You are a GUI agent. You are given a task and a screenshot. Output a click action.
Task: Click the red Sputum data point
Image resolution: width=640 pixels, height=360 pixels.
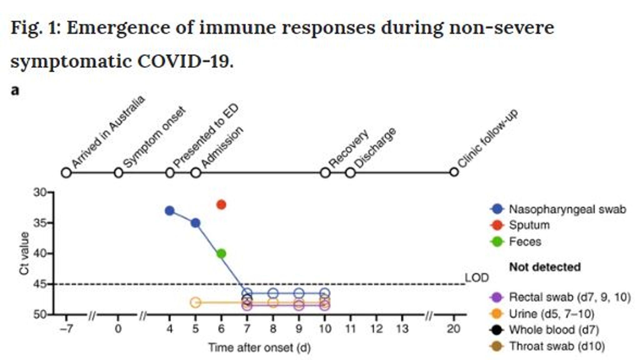pos(221,205)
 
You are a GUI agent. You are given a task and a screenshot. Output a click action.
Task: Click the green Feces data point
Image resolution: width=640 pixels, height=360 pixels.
pos(221,253)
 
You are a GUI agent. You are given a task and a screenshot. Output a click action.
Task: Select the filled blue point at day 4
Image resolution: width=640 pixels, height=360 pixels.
pos(170,211)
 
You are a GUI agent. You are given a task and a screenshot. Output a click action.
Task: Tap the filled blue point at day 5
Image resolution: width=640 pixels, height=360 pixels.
pos(196,223)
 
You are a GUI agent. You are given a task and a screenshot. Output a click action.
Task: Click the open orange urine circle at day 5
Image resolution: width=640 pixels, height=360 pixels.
pos(195,302)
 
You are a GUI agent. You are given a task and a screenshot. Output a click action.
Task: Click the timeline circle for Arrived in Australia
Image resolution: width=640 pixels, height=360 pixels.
pos(66,172)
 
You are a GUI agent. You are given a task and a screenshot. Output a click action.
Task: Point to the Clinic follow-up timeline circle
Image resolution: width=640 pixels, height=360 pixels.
pos(454,172)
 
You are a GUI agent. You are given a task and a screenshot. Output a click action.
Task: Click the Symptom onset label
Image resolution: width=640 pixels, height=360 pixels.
pos(154,137)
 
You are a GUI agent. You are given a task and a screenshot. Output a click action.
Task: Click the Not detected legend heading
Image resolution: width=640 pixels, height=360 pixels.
pos(545,267)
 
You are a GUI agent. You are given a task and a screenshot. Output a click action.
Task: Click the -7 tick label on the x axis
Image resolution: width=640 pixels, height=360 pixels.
pos(66,329)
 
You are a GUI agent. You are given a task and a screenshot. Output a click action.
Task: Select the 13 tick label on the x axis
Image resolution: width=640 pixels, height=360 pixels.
pos(402,329)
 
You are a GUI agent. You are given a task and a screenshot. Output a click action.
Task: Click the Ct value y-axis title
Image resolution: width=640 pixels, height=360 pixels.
pos(24,253)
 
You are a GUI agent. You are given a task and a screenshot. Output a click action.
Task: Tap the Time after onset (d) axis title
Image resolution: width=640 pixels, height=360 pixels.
pos(259,347)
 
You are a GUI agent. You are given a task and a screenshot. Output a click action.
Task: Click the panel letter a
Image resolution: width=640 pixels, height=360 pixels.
pos(15,91)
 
